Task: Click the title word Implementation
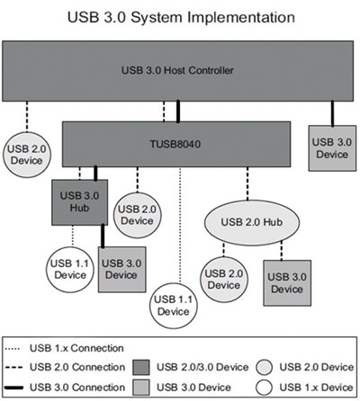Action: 240,16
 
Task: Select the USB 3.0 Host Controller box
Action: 180,69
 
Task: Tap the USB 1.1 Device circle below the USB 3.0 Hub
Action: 67,268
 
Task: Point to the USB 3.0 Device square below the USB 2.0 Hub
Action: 287,282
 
